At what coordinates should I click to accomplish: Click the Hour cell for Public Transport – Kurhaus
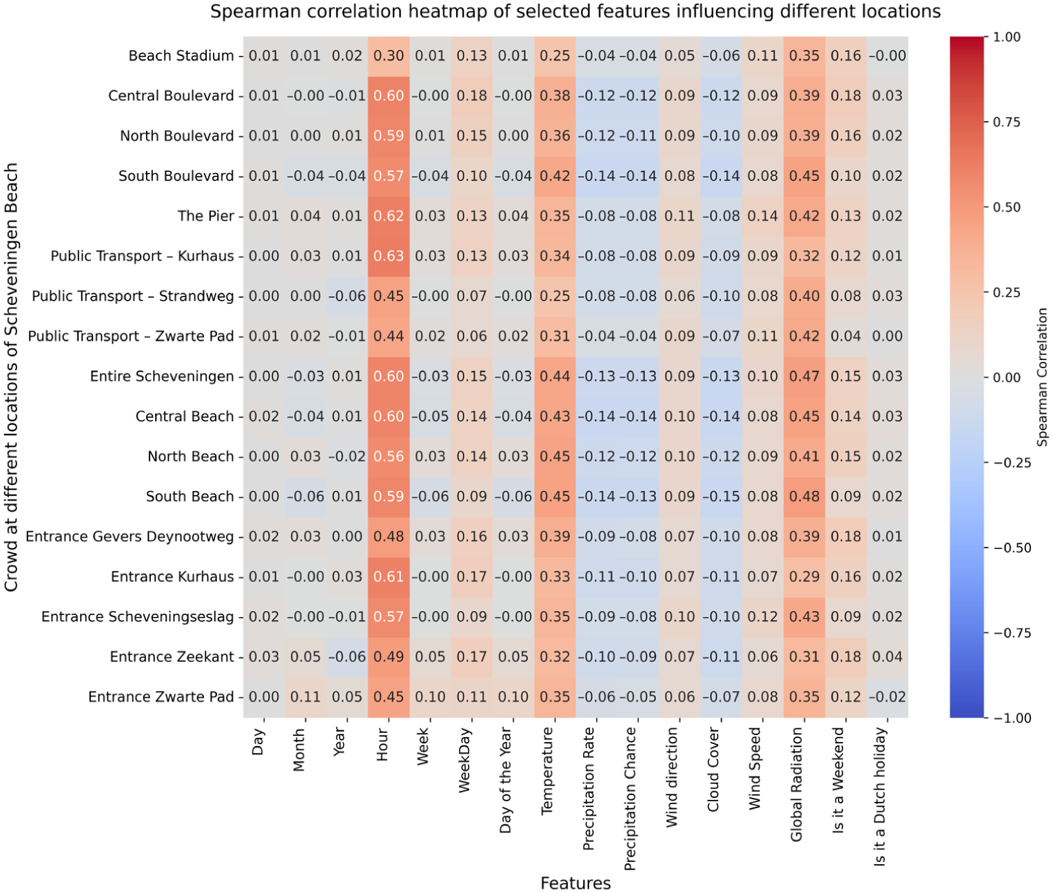pyautogui.click(x=389, y=256)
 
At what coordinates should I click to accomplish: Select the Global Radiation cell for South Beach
pyautogui.click(x=804, y=496)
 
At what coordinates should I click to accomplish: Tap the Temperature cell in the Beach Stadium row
pyautogui.click(x=555, y=56)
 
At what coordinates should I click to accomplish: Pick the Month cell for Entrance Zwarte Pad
pyautogui.click(x=306, y=696)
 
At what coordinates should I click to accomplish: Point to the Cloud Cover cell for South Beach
pyautogui.click(x=722, y=496)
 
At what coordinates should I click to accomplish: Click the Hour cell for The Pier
pyautogui.click(x=389, y=216)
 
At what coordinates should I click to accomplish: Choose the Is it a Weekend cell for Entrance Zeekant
pyautogui.click(x=846, y=656)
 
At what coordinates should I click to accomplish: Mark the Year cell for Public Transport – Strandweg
pyautogui.click(x=347, y=296)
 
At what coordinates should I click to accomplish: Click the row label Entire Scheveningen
pyautogui.click(x=162, y=376)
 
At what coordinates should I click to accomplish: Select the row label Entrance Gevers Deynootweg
pyautogui.click(x=130, y=536)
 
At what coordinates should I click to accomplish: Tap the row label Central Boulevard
pyautogui.click(x=171, y=96)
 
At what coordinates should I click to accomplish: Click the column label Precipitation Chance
pyautogui.click(x=630, y=799)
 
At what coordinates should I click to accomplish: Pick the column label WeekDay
pyautogui.click(x=464, y=760)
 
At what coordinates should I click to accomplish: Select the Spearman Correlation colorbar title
pyautogui.click(x=1042, y=377)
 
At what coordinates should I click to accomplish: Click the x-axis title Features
pyautogui.click(x=575, y=883)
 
